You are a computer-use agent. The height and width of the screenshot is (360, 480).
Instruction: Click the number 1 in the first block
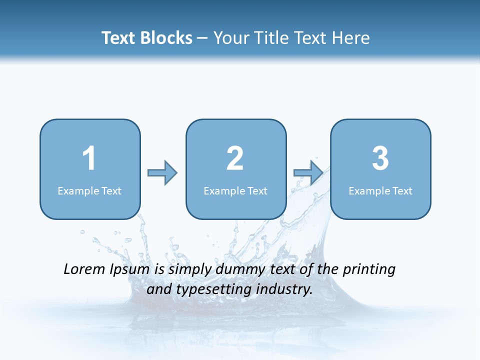coord(89,158)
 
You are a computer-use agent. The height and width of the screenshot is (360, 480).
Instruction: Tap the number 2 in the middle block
coord(235,158)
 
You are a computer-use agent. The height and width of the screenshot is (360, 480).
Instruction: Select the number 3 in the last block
coord(380,158)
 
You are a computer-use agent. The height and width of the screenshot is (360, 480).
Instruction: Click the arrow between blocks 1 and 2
coord(162,173)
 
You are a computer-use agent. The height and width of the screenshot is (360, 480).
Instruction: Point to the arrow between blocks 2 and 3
coord(308,173)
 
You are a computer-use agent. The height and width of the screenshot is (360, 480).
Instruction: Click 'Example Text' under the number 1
coord(89,190)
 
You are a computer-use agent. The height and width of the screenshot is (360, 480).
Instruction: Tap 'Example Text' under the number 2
coord(235,190)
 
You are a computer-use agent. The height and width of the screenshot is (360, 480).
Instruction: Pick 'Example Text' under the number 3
coord(380,190)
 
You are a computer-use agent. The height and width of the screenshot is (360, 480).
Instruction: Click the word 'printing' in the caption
coord(369,270)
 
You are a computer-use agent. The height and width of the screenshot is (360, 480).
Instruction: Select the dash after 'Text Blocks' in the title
coord(202,38)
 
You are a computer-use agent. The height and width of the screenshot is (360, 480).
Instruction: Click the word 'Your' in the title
coord(231,38)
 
